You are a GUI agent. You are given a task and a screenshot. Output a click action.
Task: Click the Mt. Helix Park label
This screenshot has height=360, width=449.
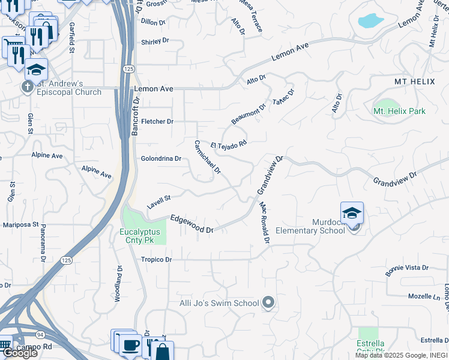399,111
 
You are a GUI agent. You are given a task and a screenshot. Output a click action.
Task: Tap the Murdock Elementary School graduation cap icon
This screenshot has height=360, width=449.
352,212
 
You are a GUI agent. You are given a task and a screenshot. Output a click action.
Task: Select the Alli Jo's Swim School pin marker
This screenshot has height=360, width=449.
268,303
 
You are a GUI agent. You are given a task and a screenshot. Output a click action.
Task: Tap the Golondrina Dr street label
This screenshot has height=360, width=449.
161,159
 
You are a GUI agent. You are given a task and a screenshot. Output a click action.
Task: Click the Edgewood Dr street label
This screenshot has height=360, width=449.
191,224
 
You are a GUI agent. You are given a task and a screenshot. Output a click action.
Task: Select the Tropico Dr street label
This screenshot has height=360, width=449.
156,260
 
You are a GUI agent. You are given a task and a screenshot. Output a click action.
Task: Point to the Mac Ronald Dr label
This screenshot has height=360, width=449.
265,223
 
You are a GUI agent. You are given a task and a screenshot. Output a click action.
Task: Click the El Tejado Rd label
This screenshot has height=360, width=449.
229,145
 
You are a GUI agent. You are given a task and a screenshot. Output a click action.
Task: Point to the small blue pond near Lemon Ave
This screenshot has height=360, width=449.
370,22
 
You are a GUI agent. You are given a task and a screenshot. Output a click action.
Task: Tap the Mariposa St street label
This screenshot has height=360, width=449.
20,224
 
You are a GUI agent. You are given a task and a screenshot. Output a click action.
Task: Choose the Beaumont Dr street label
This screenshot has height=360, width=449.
249,114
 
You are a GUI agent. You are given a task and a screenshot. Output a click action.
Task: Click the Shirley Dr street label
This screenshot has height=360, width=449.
155,41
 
